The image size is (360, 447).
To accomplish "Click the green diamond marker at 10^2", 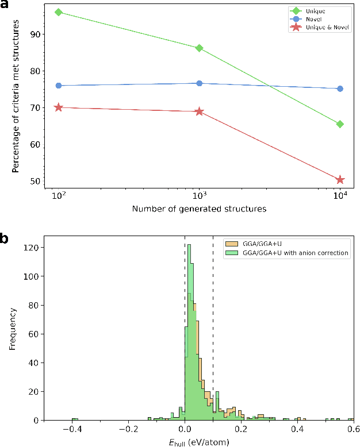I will [58, 12].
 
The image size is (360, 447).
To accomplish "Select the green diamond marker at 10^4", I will [340, 124].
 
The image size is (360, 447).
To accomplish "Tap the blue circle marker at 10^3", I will [199, 83].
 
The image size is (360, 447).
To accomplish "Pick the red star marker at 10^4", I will [340, 180].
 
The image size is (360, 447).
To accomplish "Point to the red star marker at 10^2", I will [58, 107].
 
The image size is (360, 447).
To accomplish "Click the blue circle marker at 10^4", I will [340, 88].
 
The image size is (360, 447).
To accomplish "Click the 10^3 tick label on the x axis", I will [199, 196].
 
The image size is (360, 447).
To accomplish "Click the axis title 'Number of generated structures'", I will [199, 210].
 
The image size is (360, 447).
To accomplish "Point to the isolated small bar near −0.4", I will [74, 419].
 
